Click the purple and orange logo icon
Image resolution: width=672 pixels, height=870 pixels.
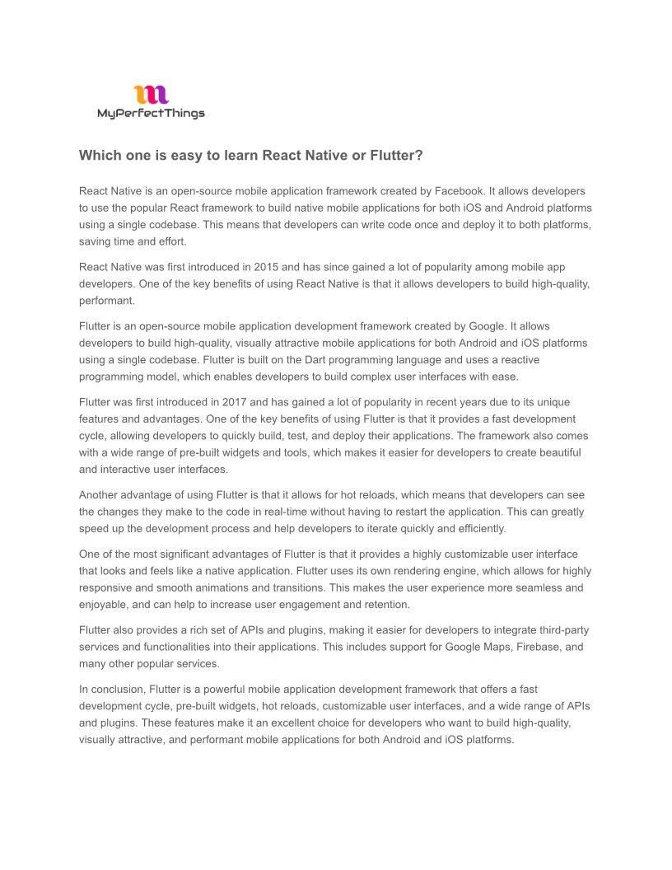(151, 95)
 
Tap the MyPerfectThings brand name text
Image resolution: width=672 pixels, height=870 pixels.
(151, 114)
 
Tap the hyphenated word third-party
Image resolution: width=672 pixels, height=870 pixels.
(560, 630)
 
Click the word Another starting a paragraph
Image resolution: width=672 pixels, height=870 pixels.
(100, 495)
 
